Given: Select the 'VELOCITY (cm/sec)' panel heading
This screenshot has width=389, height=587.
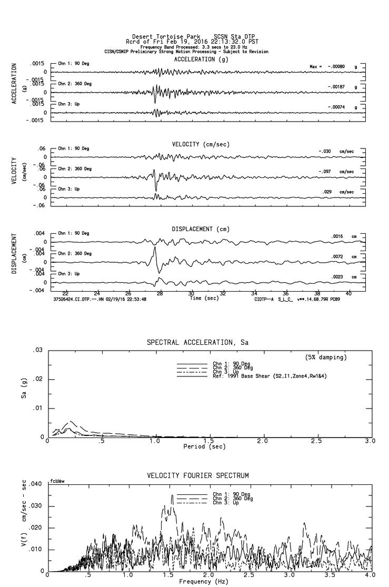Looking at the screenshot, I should (x=194, y=144).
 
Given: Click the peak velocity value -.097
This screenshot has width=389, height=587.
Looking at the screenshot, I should (x=326, y=172).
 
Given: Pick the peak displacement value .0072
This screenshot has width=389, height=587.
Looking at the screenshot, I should (x=337, y=256).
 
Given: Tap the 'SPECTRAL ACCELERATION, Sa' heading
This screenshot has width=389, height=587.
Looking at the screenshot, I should (x=197, y=343).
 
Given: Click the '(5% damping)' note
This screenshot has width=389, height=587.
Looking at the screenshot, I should (x=326, y=357).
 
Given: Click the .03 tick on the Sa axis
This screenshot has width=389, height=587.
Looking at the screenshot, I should (x=38, y=350).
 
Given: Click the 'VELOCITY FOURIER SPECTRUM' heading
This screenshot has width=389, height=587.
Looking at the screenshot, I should (x=197, y=476).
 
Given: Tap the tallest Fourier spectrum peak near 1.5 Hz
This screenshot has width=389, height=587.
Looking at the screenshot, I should (x=172, y=495).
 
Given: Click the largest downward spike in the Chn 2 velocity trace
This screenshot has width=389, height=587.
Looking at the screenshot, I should (x=156, y=190).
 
